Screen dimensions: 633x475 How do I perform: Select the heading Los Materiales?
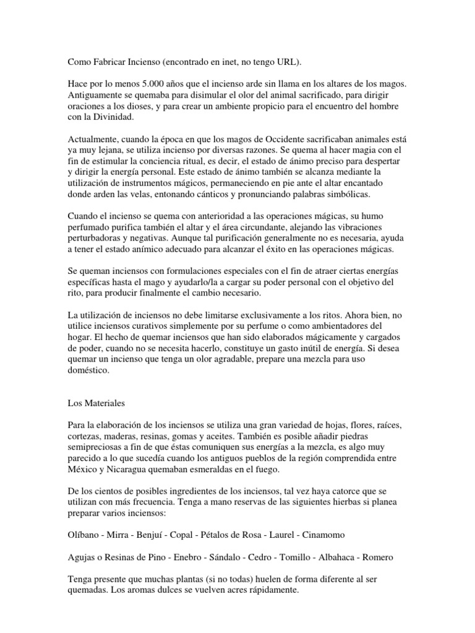[x=96, y=403]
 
